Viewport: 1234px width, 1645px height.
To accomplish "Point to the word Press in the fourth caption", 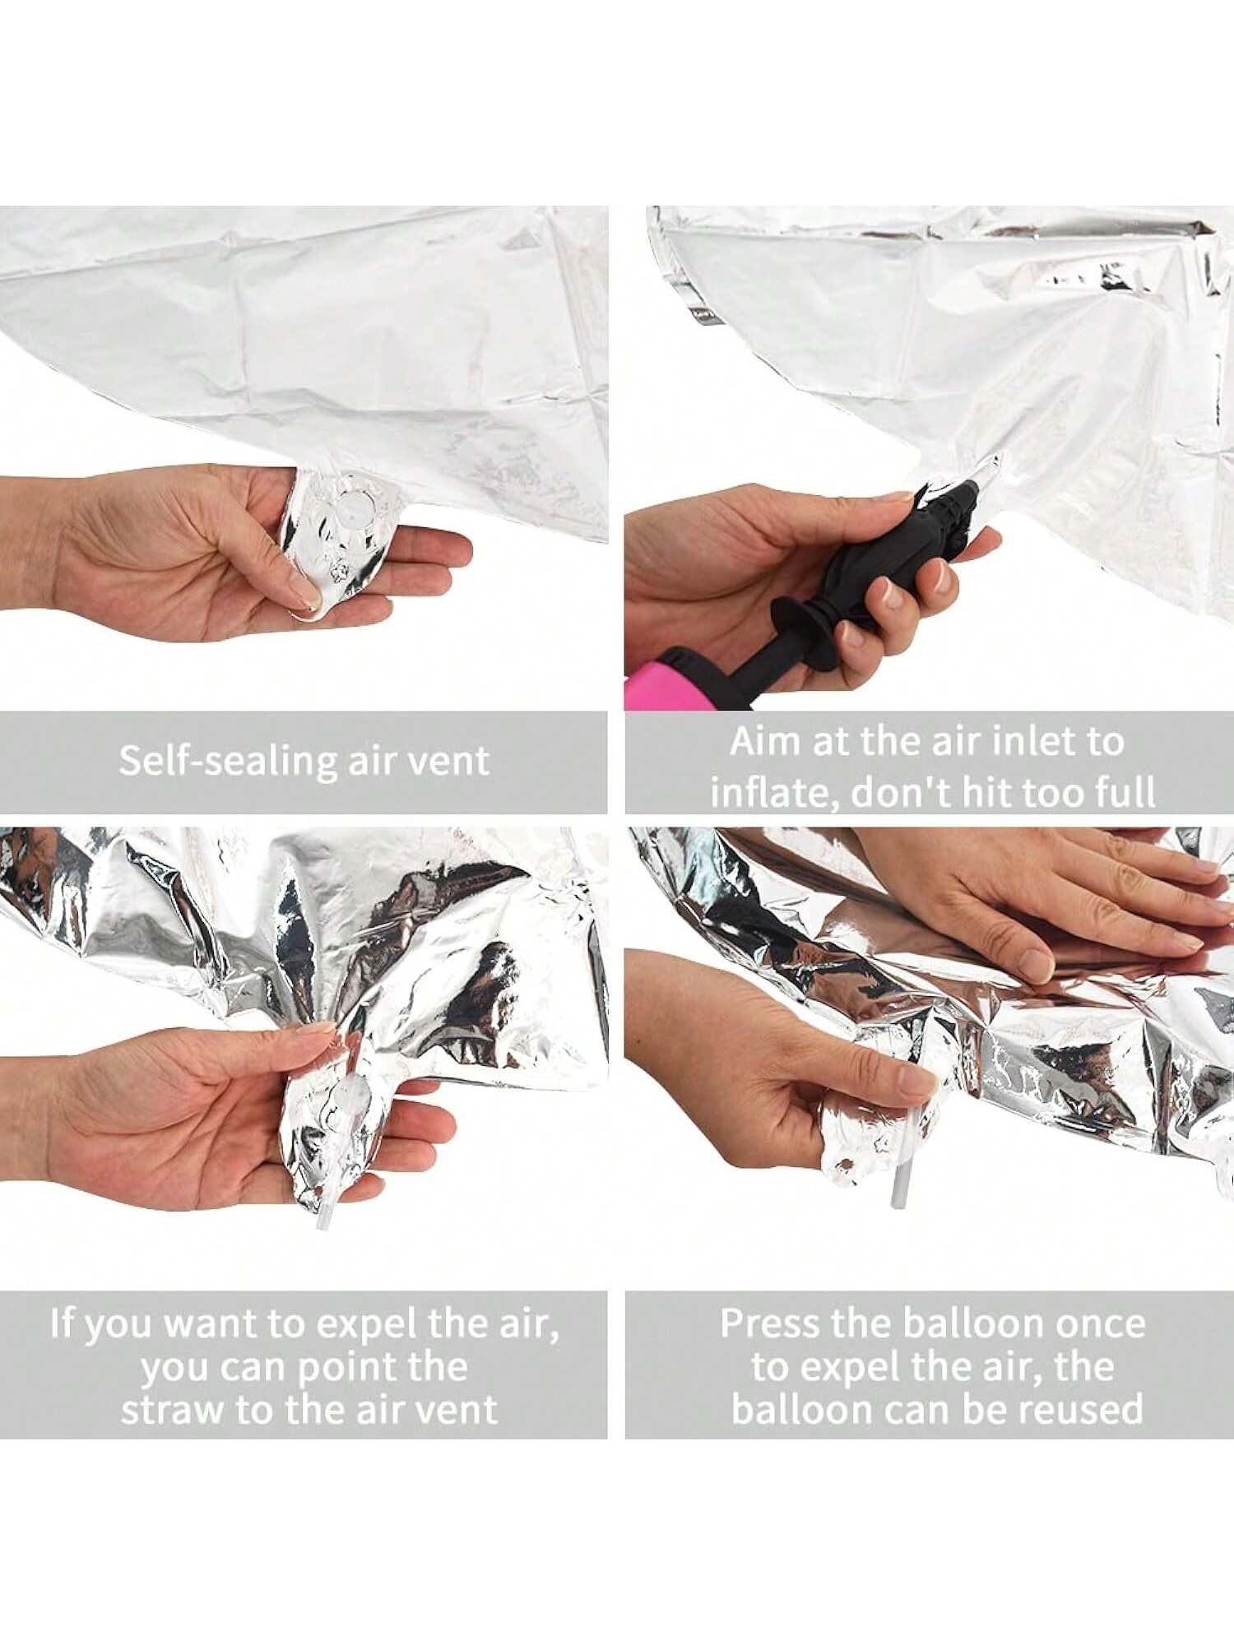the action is click(x=770, y=1323).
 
